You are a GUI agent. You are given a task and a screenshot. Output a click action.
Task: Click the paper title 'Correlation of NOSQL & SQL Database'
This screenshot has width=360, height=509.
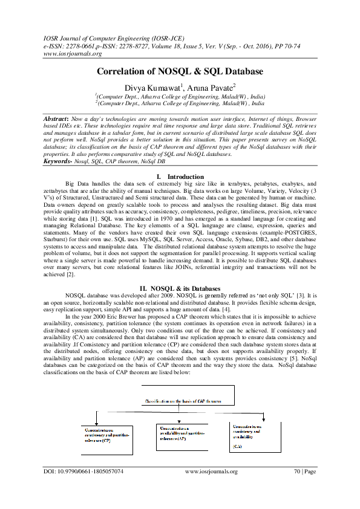(x=180, y=71)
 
